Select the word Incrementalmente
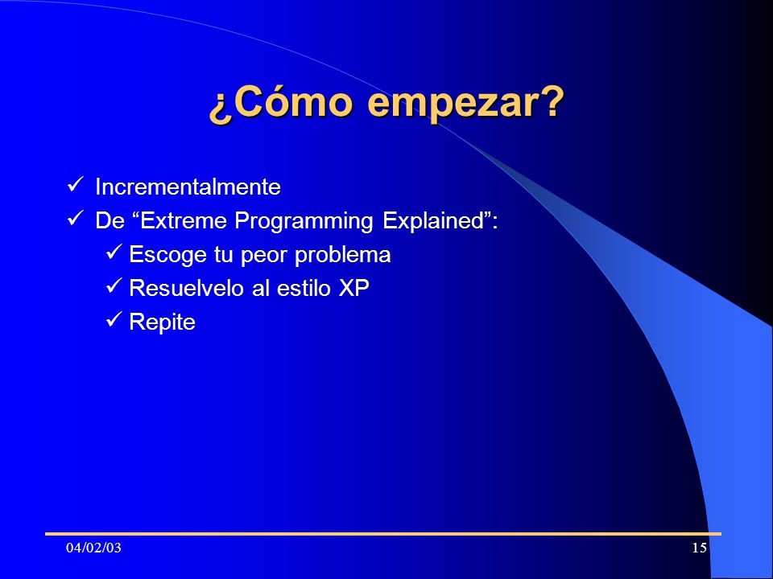188,187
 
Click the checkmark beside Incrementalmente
76,185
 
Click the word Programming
304,221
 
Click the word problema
343,255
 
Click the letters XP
353,288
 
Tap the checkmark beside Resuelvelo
114,285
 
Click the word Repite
162,322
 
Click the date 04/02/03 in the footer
93,548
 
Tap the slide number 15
700,548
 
